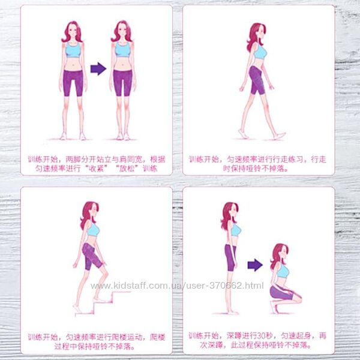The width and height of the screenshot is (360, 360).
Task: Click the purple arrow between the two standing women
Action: (x=98, y=68)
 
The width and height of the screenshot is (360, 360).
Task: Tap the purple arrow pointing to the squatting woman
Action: (x=255, y=265)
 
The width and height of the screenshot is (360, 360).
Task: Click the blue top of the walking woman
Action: (x=260, y=52)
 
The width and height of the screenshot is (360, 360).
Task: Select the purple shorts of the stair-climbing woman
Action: (x=91, y=256)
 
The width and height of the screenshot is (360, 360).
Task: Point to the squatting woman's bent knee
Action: (x=298, y=298)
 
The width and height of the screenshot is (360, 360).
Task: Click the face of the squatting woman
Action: (x=284, y=253)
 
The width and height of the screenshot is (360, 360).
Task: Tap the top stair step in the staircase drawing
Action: (x=121, y=292)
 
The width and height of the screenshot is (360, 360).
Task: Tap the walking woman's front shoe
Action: (x=280, y=136)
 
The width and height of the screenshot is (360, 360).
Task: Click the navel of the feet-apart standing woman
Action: (x=73, y=64)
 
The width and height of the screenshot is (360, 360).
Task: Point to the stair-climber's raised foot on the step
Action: (x=99, y=300)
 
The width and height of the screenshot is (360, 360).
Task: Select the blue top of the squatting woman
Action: (x=283, y=272)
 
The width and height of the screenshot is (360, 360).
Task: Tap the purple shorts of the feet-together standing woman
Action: (x=122, y=83)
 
